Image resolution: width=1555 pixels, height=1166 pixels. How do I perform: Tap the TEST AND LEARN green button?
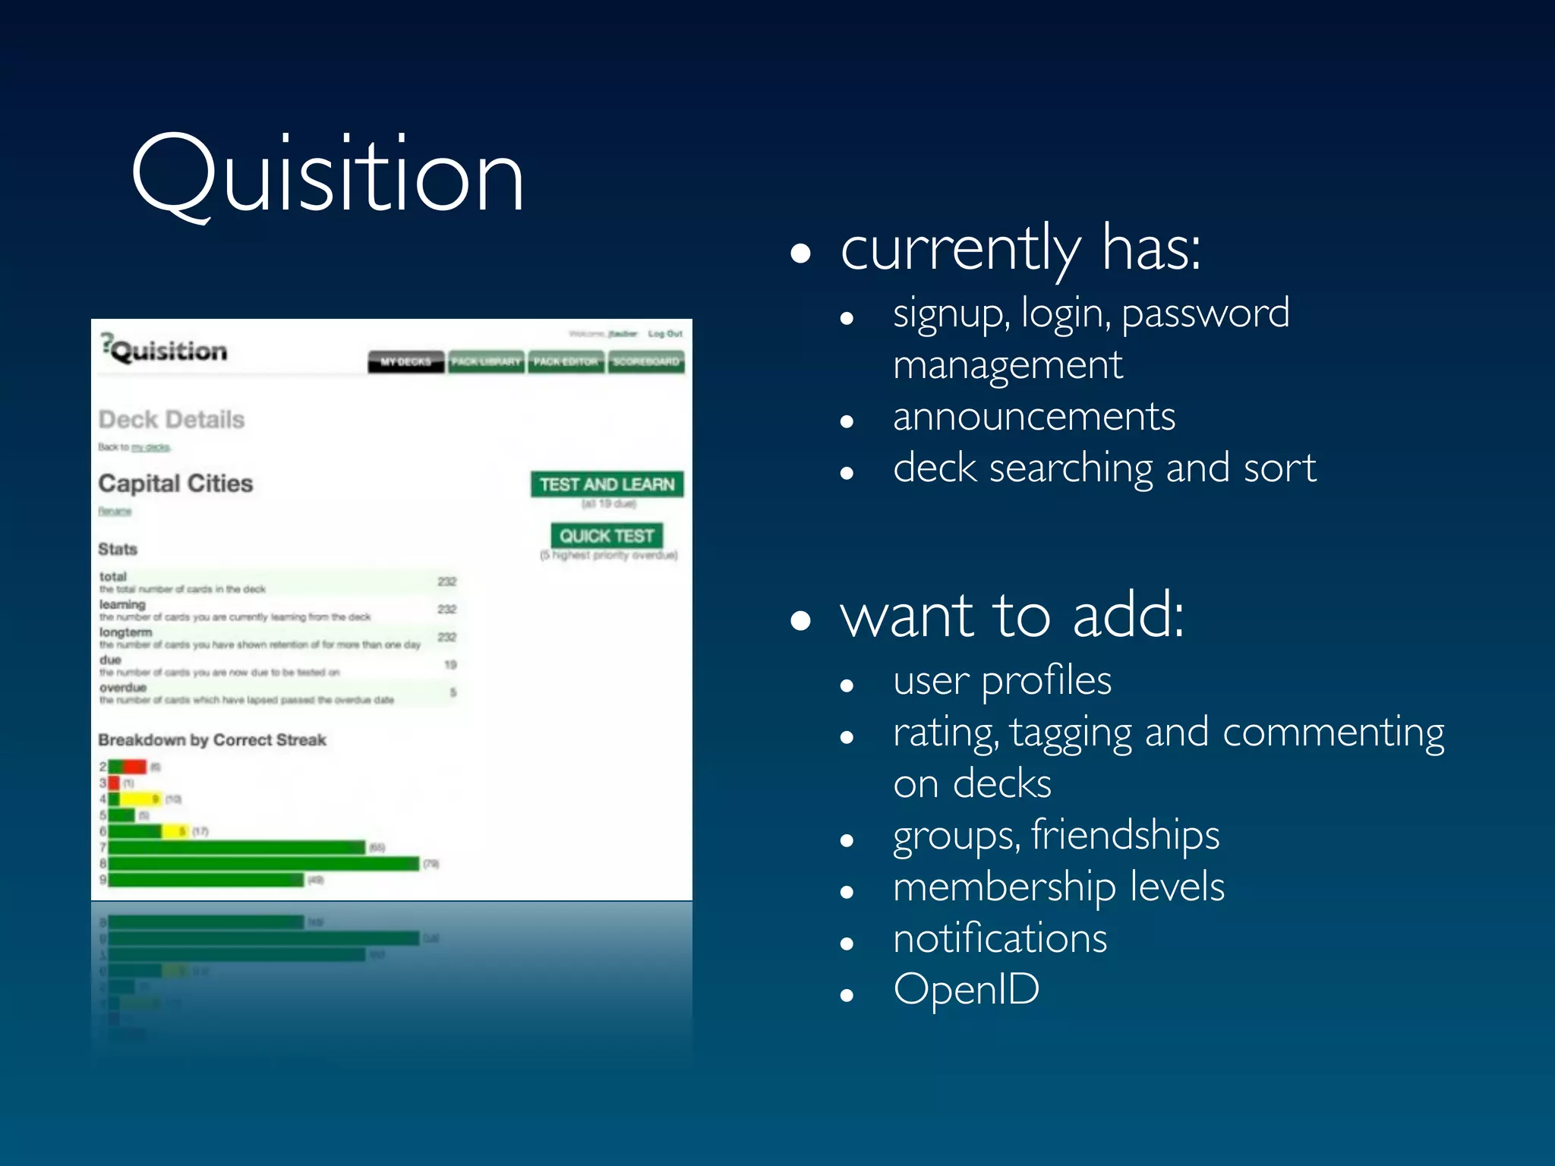(x=607, y=484)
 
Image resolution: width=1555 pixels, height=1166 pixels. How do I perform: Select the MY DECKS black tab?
(x=405, y=362)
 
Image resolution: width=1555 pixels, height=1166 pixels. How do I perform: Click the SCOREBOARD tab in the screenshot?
(x=646, y=362)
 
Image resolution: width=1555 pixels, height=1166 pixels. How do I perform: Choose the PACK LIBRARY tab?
(x=486, y=362)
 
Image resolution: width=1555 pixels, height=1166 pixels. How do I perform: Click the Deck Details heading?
(x=172, y=420)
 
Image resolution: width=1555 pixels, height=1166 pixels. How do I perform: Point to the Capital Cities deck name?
(x=175, y=484)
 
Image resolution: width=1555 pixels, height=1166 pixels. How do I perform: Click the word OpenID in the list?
(x=966, y=989)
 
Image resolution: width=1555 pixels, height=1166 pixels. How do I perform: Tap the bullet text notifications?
(x=999, y=938)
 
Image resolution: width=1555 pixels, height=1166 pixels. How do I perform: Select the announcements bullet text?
(x=1033, y=417)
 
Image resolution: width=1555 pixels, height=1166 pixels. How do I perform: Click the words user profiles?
(x=1001, y=680)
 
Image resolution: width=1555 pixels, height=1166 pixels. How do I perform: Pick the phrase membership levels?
(x=1058, y=887)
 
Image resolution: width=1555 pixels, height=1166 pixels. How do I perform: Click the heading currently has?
(x=1020, y=248)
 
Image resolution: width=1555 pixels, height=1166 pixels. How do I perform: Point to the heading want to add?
(x=1011, y=616)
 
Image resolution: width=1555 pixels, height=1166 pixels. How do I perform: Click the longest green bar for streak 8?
(x=263, y=864)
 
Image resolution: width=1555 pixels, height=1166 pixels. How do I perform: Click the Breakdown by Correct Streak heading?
(x=212, y=740)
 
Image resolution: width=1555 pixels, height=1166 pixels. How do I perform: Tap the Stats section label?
(x=118, y=549)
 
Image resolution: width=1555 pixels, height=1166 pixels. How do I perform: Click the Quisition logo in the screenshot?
(x=165, y=350)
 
